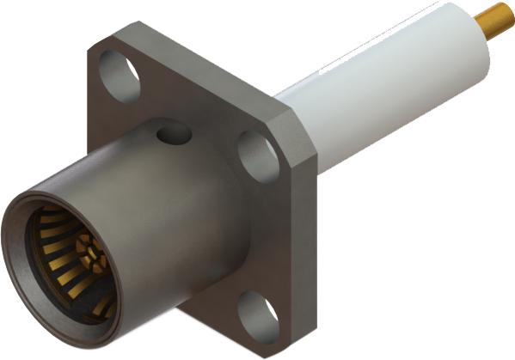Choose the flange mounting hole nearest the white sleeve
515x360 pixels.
[x=255, y=156]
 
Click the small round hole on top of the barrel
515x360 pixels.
[x=174, y=134]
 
